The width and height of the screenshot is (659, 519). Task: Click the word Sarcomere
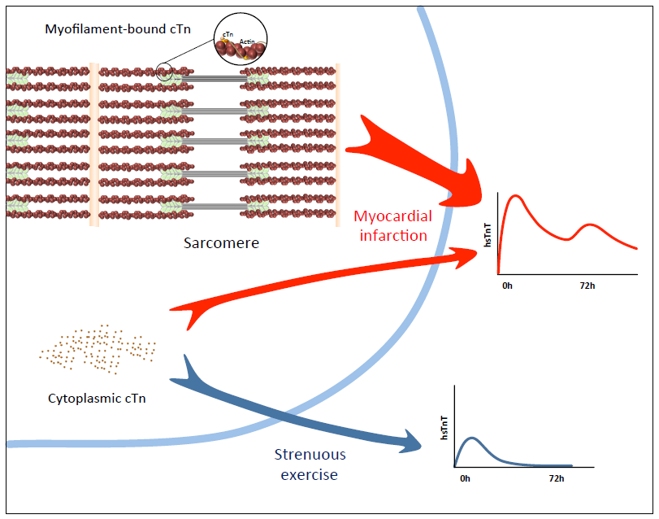tap(220, 242)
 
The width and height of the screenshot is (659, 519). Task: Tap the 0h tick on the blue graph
tap(465, 478)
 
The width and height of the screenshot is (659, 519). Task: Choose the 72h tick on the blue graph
tap(556, 478)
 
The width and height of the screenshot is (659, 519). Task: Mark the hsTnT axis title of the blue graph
tap(444, 426)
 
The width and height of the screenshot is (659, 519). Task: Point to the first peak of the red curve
tap(515, 196)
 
